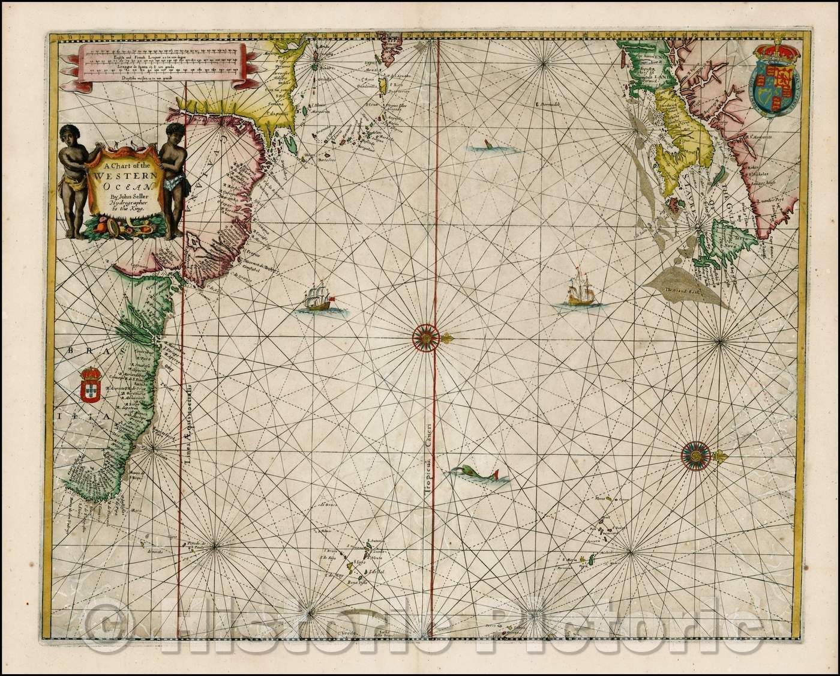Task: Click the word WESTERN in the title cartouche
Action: tap(124, 178)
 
